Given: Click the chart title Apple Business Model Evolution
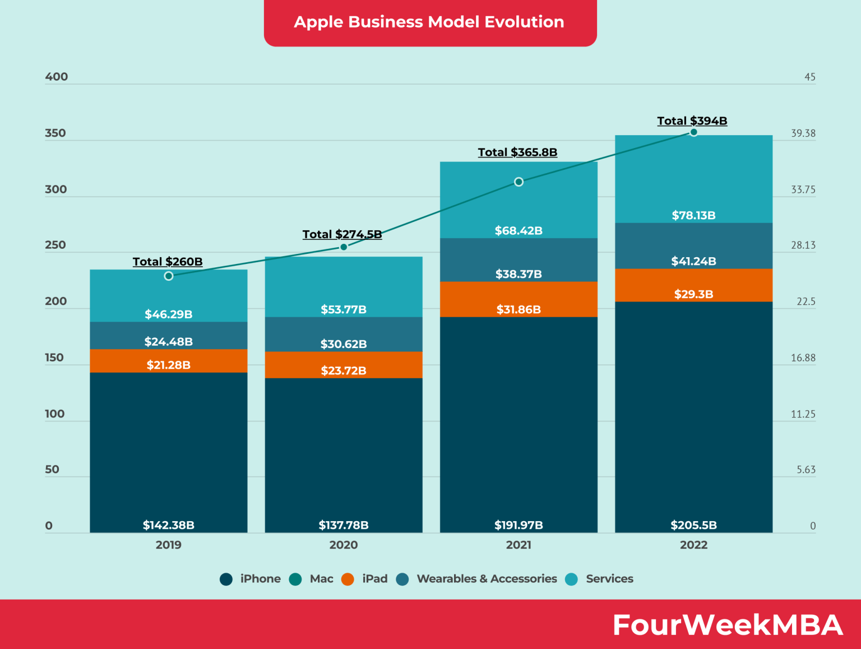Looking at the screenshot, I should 429,22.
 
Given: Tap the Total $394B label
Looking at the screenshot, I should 692,121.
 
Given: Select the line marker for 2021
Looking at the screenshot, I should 519,182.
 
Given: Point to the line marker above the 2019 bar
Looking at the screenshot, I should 169,276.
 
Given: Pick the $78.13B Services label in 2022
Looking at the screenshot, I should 693,215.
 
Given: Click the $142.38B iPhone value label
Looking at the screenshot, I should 169,525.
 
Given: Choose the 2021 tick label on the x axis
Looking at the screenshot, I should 519,545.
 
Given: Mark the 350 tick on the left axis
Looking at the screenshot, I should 55,133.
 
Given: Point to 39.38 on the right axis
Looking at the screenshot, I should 803,133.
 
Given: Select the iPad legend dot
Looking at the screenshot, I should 348,579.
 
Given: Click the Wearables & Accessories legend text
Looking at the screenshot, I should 487,579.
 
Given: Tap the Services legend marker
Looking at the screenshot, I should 571,579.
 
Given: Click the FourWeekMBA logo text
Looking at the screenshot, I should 728,625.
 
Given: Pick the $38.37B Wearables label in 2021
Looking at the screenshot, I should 519,274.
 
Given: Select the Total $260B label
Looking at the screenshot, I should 168,262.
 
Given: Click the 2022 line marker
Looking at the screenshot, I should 693,132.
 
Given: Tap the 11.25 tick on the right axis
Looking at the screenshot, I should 803,414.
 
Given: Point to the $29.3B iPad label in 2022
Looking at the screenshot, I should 693,294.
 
